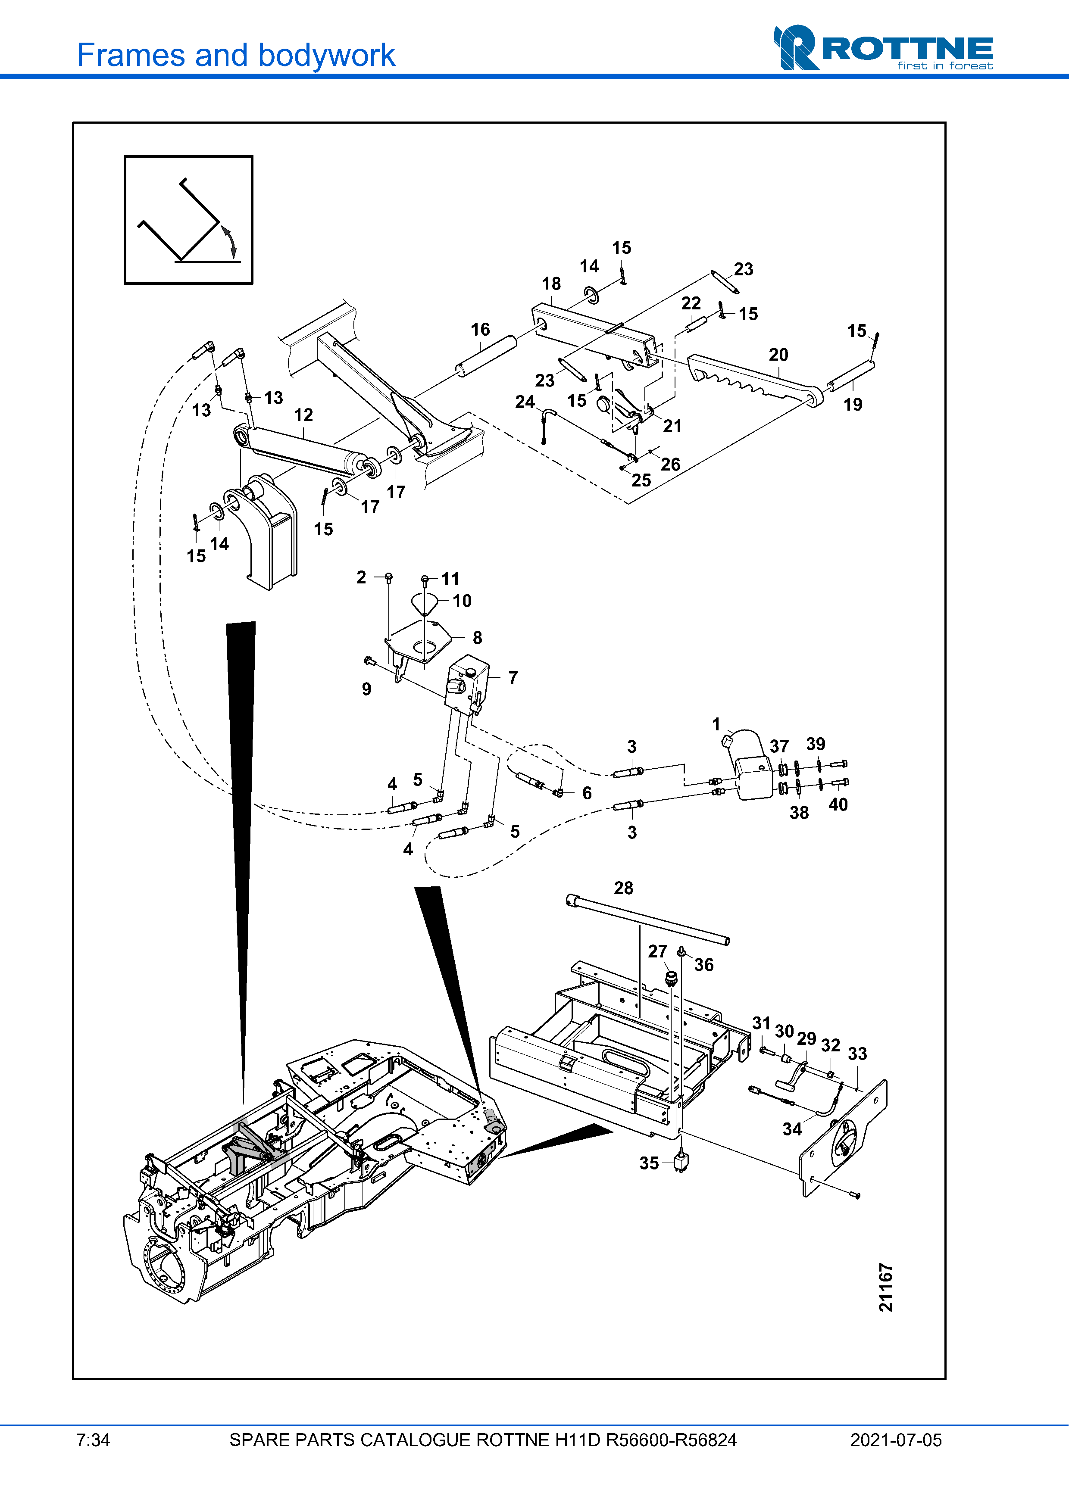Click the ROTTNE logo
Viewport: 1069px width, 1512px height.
pos(883,47)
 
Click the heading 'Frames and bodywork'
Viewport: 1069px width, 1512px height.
pos(236,55)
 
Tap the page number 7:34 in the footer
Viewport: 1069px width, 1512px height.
pos(93,1440)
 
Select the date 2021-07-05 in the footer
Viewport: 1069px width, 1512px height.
pos(896,1440)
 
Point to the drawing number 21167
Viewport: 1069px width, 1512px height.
pos(886,1288)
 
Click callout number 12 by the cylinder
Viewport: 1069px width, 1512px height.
pos(303,415)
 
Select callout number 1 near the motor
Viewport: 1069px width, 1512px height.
pos(717,724)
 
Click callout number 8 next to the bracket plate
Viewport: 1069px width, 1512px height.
pos(478,637)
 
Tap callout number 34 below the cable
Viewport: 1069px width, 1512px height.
pos(792,1129)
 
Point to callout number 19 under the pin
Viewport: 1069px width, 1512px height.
pos(853,404)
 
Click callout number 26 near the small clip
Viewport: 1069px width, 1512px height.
pos(671,464)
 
